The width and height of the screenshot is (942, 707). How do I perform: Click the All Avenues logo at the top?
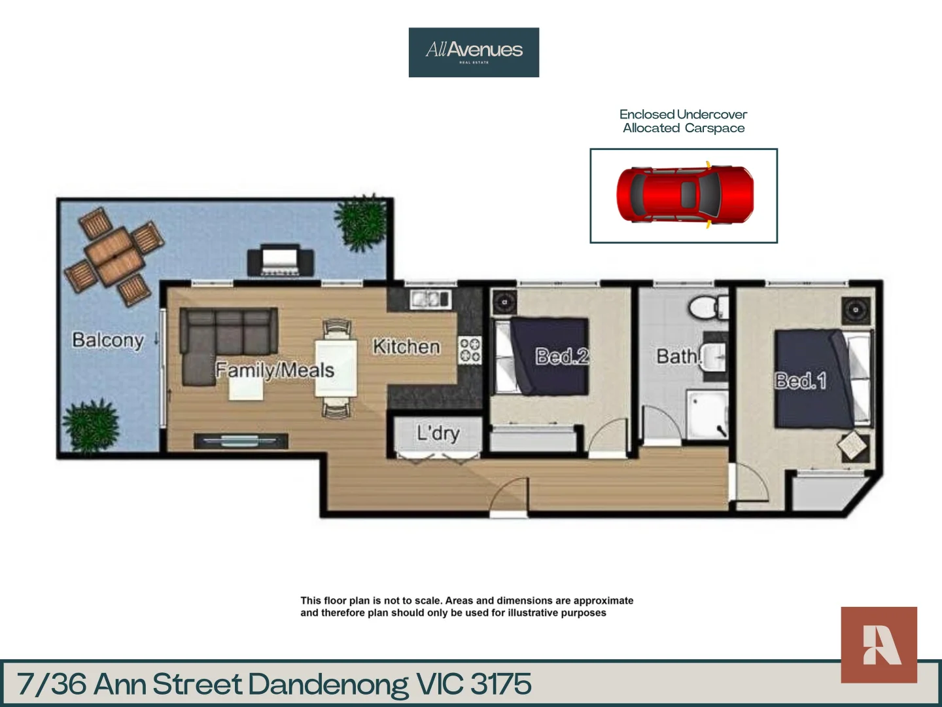(x=474, y=52)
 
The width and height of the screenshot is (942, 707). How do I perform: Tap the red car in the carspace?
(x=684, y=194)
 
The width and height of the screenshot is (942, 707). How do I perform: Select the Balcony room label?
(x=108, y=340)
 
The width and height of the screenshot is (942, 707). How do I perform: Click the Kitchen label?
(x=406, y=346)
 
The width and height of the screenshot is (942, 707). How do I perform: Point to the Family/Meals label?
(x=275, y=370)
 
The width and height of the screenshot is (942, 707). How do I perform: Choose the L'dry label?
(x=438, y=433)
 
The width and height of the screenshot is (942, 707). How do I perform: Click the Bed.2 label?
(x=562, y=356)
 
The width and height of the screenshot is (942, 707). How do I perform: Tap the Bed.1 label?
(x=800, y=380)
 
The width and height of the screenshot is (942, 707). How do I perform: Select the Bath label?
(x=678, y=356)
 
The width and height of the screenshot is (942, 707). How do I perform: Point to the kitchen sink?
(x=430, y=299)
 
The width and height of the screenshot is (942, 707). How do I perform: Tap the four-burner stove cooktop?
(x=470, y=350)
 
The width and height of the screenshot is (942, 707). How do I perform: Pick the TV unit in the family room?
(x=241, y=441)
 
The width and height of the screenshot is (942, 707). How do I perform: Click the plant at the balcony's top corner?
(x=360, y=222)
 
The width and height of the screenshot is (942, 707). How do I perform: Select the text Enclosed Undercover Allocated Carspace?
(x=683, y=121)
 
